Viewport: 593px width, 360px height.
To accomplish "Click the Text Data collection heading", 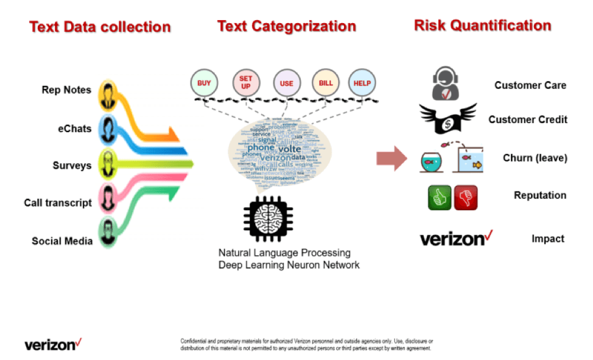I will tap(100, 27).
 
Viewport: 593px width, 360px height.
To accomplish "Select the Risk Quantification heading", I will tap(482, 26).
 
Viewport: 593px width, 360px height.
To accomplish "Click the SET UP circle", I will tap(245, 83).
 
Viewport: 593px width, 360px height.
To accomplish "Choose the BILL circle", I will tap(326, 83).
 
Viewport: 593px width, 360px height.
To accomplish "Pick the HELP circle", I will tap(362, 83).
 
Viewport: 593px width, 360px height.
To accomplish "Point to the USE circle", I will tap(286, 83).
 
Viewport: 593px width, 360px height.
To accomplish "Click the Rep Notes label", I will tap(66, 90).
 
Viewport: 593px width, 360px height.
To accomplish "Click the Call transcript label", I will tap(58, 203).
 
